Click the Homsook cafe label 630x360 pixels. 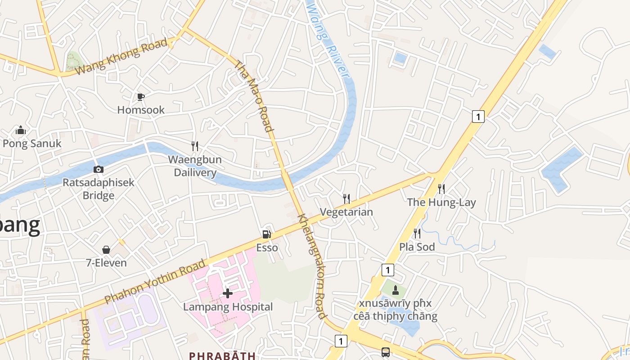(141, 110)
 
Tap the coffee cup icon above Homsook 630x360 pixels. (141, 97)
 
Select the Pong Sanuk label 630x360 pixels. (32, 144)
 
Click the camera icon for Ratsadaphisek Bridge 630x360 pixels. (98, 170)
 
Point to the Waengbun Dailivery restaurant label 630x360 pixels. (195, 166)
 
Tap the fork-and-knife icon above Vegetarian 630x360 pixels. (346, 198)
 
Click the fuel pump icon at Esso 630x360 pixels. (267, 234)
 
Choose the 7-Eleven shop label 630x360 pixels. (106, 263)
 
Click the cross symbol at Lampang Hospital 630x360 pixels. (228, 293)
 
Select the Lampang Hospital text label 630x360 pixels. (228, 307)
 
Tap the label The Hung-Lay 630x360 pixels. (441, 202)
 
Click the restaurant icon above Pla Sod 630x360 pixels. (417, 233)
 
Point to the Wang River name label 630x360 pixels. (328, 40)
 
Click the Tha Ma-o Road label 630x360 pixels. (255, 96)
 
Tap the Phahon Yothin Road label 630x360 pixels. (155, 281)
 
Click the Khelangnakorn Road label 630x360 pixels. (312, 265)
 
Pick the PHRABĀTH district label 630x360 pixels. (222, 355)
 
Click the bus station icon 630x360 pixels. (386, 352)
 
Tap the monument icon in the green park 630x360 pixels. (396, 290)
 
